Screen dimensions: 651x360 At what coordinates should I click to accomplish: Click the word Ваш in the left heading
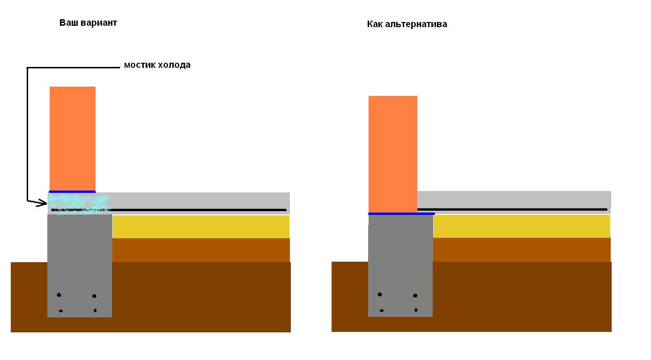point(68,22)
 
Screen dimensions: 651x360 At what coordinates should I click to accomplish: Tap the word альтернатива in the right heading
point(416,24)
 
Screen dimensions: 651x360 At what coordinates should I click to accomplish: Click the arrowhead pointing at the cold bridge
point(42,203)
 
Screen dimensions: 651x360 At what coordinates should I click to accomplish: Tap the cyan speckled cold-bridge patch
point(79,204)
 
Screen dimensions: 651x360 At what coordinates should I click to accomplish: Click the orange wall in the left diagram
point(73,139)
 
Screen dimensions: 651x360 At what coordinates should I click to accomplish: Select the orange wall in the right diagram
point(393,154)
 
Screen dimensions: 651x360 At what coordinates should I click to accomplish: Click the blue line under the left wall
point(72,192)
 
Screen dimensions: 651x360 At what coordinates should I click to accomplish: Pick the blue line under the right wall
point(401,213)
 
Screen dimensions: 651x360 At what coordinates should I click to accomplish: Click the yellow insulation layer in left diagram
point(201,227)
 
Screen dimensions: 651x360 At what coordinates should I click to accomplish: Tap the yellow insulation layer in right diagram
point(522,226)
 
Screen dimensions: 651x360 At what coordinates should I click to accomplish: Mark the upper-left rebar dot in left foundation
point(59,295)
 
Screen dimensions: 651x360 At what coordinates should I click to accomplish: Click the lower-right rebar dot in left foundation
point(95,310)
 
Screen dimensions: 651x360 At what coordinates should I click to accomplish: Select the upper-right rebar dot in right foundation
point(415,295)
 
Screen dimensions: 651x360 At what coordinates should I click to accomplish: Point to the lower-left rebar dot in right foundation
point(382,310)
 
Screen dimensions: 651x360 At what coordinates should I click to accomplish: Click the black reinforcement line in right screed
point(512,209)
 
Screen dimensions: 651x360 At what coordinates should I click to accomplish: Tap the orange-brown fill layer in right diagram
point(522,250)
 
